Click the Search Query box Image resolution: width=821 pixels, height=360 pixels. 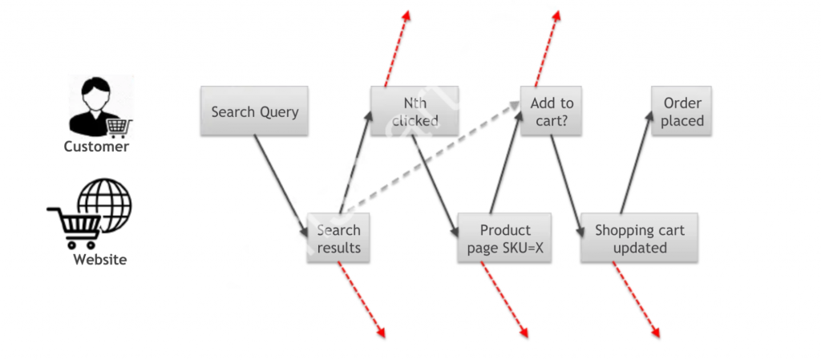pyautogui.click(x=254, y=111)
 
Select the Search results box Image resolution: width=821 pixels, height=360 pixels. pyautogui.click(x=338, y=238)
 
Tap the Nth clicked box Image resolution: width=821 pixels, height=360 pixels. pyautogui.click(x=415, y=111)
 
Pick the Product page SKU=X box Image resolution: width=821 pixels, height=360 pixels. pyautogui.click(x=505, y=238)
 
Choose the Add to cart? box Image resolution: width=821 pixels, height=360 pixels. pyautogui.click(x=552, y=111)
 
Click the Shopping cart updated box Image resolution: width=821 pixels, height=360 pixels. pyautogui.click(x=639, y=238)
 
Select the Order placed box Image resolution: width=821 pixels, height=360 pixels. pyautogui.click(x=681, y=111)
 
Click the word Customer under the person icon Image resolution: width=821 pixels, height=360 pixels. pyautogui.click(x=96, y=147)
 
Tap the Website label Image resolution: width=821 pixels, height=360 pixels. pyautogui.click(x=99, y=259)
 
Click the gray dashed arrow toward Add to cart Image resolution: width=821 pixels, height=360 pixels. pyautogui.click(x=433, y=160)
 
